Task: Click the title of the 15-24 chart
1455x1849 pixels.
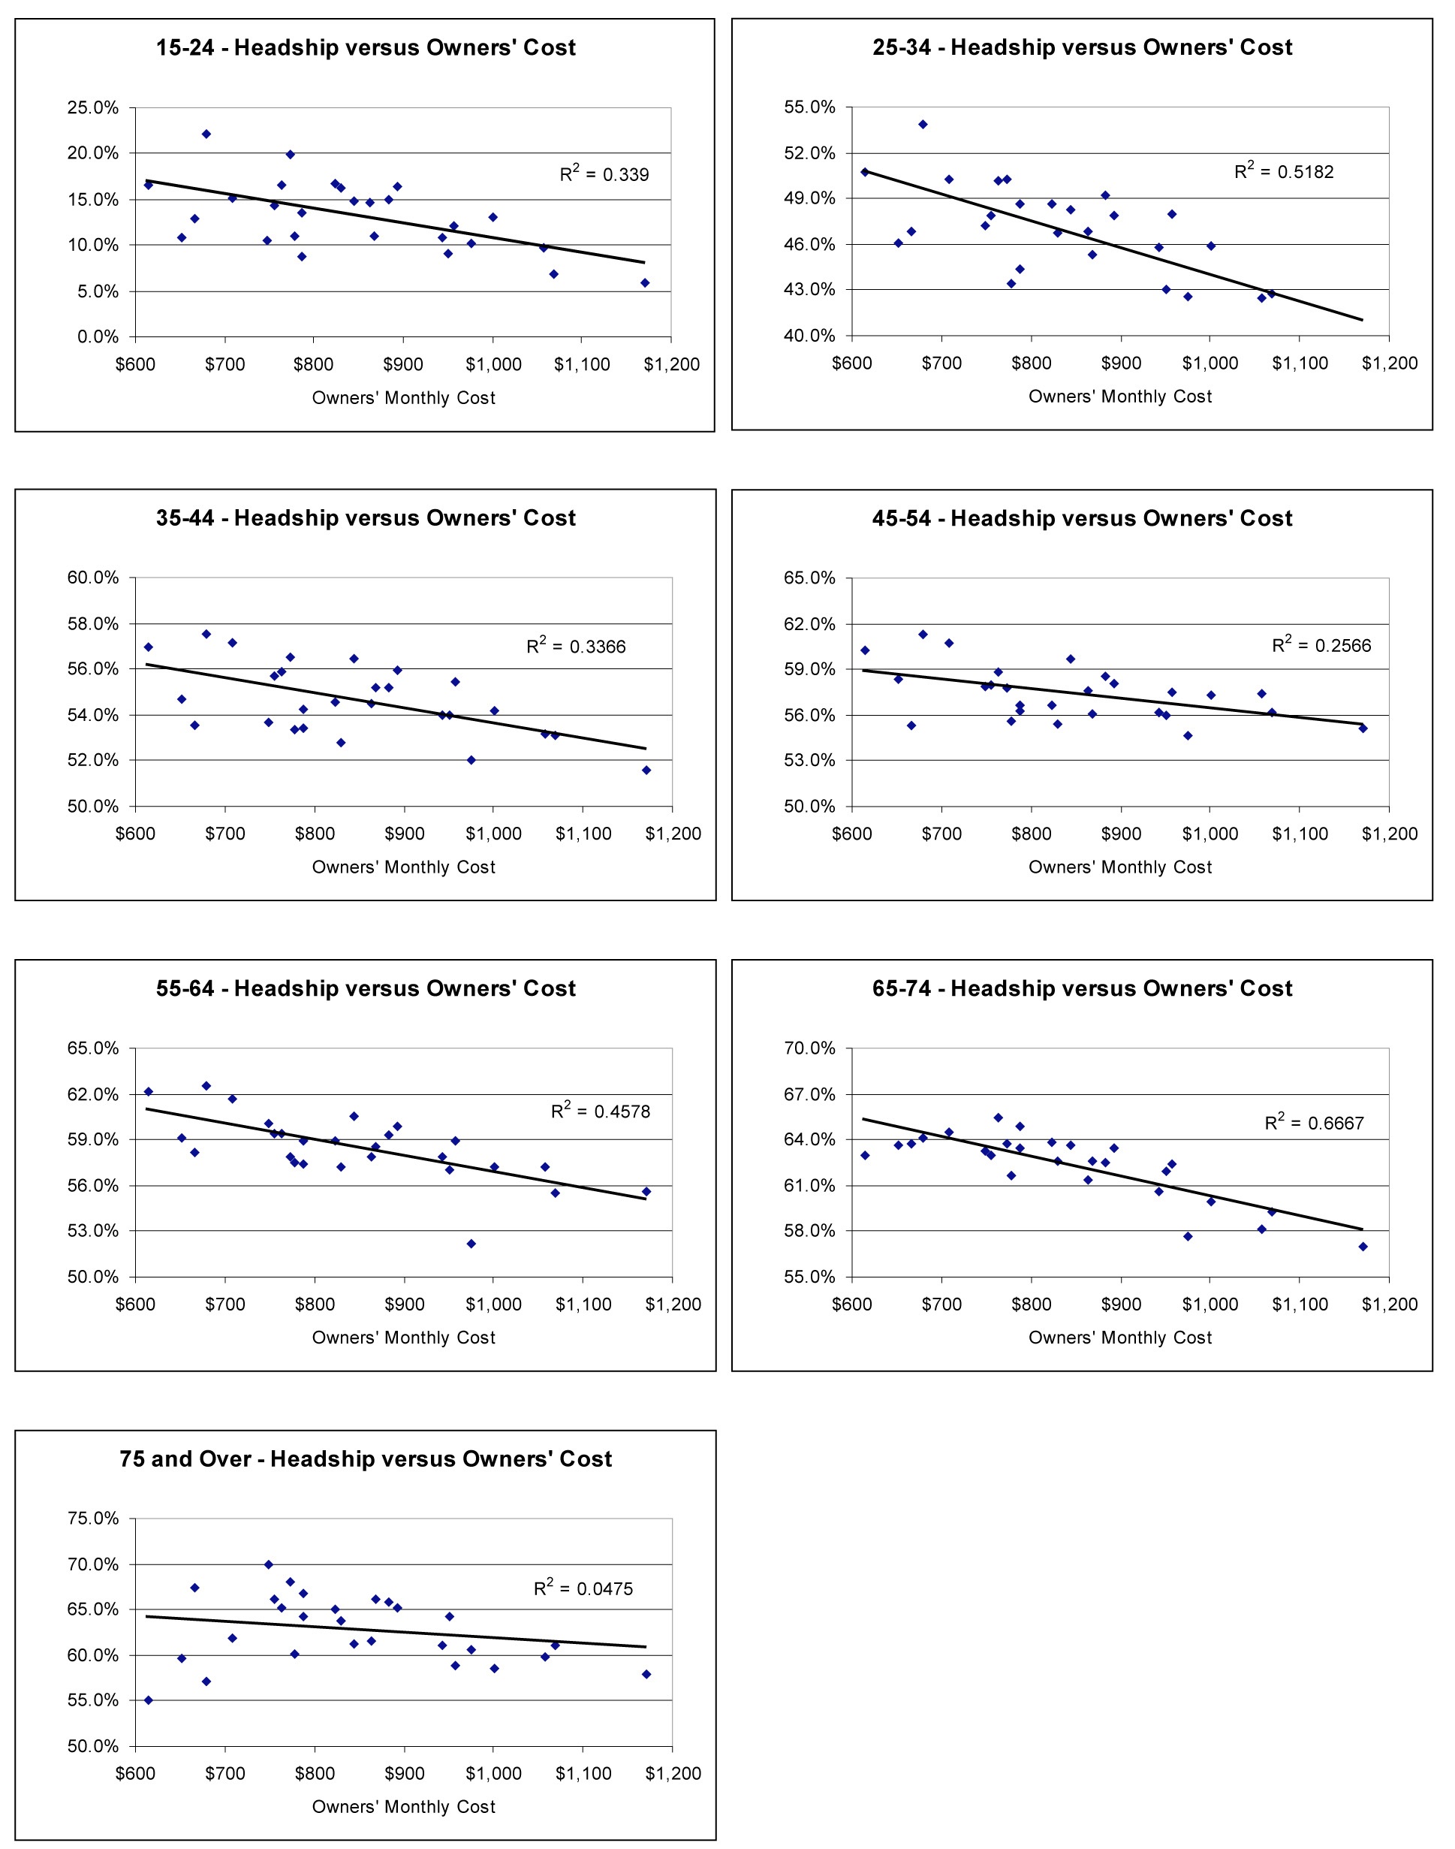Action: point(366,48)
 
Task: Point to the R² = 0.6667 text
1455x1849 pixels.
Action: point(1314,1122)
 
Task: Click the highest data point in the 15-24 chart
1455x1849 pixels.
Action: point(206,134)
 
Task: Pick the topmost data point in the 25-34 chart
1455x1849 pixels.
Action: point(923,125)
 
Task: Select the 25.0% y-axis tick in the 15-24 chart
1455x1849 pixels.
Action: point(93,107)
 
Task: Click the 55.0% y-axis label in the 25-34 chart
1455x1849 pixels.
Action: point(809,107)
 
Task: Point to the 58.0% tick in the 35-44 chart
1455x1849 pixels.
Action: point(93,623)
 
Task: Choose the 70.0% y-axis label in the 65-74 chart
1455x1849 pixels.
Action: point(809,1048)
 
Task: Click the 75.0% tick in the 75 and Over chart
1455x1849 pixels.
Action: point(93,1519)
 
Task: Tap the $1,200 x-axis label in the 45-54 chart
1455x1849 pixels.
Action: point(1390,834)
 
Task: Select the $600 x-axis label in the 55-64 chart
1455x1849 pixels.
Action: point(135,1305)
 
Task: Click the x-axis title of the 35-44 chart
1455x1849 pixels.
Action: point(403,867)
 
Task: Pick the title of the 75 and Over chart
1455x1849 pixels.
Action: point(366,1458)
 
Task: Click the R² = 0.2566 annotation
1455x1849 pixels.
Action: point(1321,645)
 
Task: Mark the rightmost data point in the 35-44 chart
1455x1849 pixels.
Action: point(646,771)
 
